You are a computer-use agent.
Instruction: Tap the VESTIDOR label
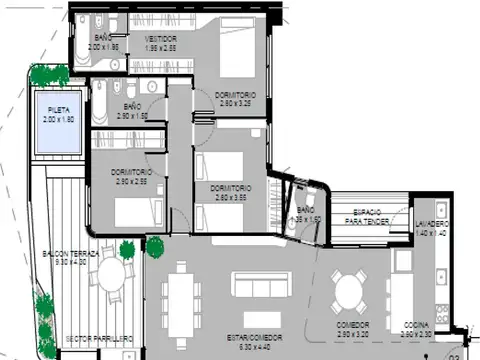160,39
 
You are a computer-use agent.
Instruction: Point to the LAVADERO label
433,223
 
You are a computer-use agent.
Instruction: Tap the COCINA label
416,325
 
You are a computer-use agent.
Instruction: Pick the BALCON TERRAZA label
70,255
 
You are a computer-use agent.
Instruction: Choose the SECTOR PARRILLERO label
98,340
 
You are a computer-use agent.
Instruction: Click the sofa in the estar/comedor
260,284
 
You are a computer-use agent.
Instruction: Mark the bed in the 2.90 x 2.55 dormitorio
136,211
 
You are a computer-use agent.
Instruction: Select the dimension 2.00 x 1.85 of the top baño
103,47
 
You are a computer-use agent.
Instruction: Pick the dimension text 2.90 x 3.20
353,333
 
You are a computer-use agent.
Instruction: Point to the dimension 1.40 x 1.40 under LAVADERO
433,231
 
